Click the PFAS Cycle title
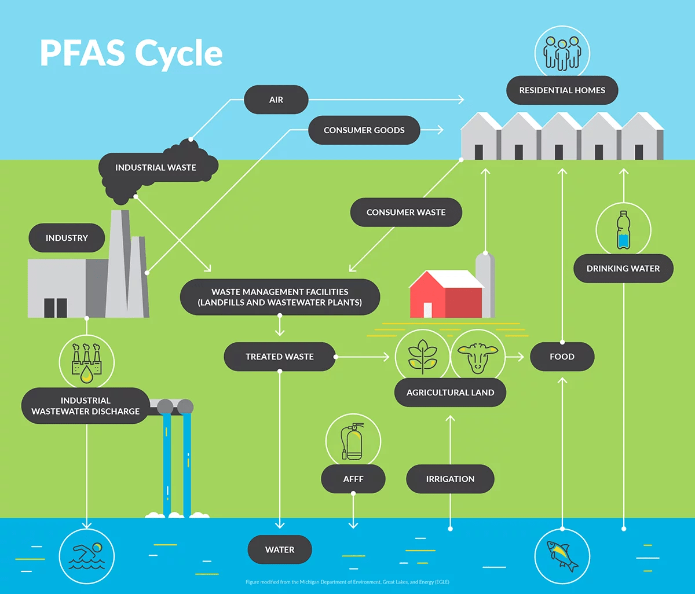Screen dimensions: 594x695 (131, 53)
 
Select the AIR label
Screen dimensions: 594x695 (276, 100)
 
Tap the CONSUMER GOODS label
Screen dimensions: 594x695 (364, 130)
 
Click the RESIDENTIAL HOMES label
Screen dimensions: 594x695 (562, 90)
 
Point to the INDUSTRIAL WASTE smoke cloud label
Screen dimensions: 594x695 (156, 168)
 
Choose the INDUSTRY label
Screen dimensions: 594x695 (67, 238)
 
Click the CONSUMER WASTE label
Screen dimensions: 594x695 (406, 212)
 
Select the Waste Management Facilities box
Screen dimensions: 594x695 (280, 297)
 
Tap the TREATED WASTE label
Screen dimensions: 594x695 (280, 357)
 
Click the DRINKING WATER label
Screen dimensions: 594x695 (623, 269)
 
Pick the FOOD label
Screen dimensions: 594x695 (562, 357)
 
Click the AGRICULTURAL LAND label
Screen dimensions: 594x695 (450, 393)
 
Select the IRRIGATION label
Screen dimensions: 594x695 (450, 479)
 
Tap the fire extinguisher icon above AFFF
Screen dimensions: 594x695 (353, 441)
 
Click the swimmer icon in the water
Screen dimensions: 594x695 (87, 555)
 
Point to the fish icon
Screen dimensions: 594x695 (562, 555)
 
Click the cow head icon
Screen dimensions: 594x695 (478, 357)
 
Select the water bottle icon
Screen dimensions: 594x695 (623, 230)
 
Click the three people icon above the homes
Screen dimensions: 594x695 (562, 53)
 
